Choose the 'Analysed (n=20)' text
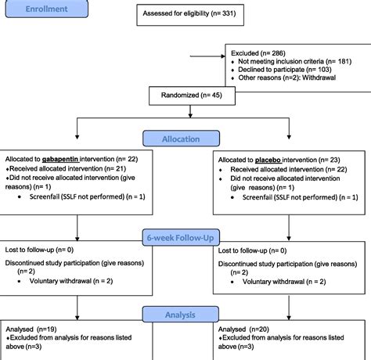[x=246, y=330]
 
